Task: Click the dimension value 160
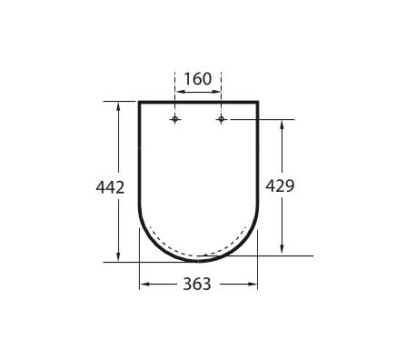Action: pos(197,79)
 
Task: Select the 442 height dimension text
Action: pos(110,187)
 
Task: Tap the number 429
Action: pos(280,185)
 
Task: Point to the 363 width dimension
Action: pos(197,285)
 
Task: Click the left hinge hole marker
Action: pos(175,120)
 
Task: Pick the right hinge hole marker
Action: pos(221,120)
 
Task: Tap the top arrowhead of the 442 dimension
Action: pos(118,105)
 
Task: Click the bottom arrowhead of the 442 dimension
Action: pos(118,257)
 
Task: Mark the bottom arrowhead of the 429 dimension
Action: pos(283,251)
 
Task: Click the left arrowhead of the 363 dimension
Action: pos(144,285)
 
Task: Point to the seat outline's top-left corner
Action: pos(140,102)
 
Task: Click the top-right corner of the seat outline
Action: pos(257,102)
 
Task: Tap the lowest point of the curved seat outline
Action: pos(198,261)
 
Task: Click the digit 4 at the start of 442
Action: pos(100,187)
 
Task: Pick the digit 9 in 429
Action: pos(290,185)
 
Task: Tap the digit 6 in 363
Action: pos(197,285)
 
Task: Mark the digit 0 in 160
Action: pos(207,79)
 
